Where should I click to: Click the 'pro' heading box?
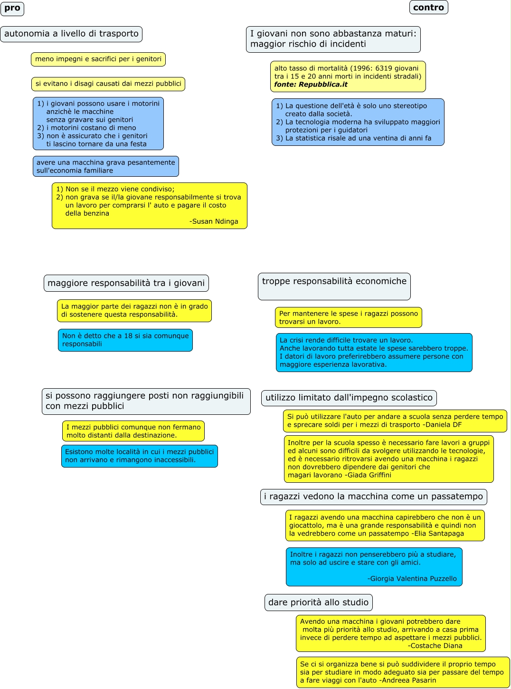click(x=12, y=9)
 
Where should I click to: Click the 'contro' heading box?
click(x=428, y=8)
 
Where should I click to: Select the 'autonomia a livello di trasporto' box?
click(x=71, y=34)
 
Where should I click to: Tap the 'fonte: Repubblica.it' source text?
click(x=311, y=85)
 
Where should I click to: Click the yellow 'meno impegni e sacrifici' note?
click(x=98, y=59)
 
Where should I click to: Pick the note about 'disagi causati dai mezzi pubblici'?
click(x=108, y=84)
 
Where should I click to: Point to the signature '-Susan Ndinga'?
click(x=214, y=221)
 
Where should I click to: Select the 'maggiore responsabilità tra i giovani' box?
click(x=126, y=283)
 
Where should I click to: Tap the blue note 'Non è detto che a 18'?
click(x=125, y=340)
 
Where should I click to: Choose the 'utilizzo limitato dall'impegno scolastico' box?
click(x=349, y=398)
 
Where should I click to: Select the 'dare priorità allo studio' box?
click(x=318, y=603)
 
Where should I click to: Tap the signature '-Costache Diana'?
click(x=435, y=646)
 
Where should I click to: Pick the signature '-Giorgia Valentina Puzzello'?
click(x=412, y=579)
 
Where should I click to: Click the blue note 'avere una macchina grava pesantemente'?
click(x=105, y=166)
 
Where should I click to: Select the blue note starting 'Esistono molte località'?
click(x=139, y=456)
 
